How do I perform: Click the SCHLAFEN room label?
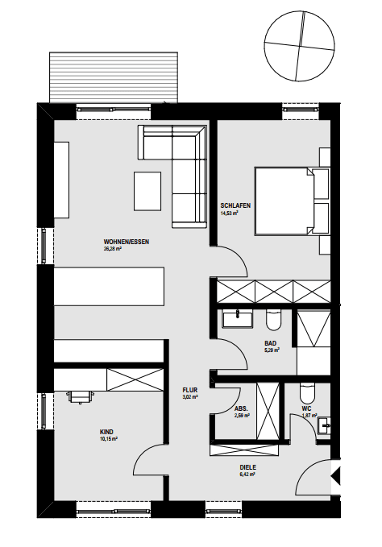tap(235, 205)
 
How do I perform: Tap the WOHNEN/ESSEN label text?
tap(127, 242)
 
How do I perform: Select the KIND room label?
tap(107, 432)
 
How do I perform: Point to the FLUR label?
tap(190, 390)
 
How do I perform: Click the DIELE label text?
tap(247, 466)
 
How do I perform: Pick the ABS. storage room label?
tap(242, 408)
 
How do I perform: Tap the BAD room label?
tap(271, 343)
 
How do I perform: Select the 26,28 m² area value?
tap(112, 250)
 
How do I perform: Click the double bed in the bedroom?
tap(282, 201)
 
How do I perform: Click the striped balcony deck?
tap(113, 77)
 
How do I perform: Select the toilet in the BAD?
tap(272, 321)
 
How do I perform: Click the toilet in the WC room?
tap(307, 393)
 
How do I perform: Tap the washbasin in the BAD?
tap(239, 319)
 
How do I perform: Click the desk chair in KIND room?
tap(81, 396)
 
